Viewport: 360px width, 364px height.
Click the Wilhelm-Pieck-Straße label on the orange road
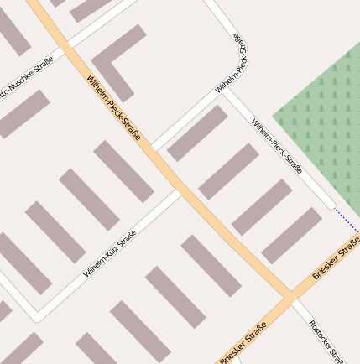(113, 107)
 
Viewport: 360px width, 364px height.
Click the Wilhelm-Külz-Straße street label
(110, 253)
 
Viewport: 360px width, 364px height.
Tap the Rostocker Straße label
(322, 340)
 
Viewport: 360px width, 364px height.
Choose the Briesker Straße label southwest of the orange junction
(243, 342)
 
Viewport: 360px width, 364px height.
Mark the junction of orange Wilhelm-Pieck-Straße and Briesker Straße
(290, 297)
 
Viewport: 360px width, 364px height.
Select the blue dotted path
(347, 217)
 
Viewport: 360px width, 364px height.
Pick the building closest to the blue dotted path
(291, 235)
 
